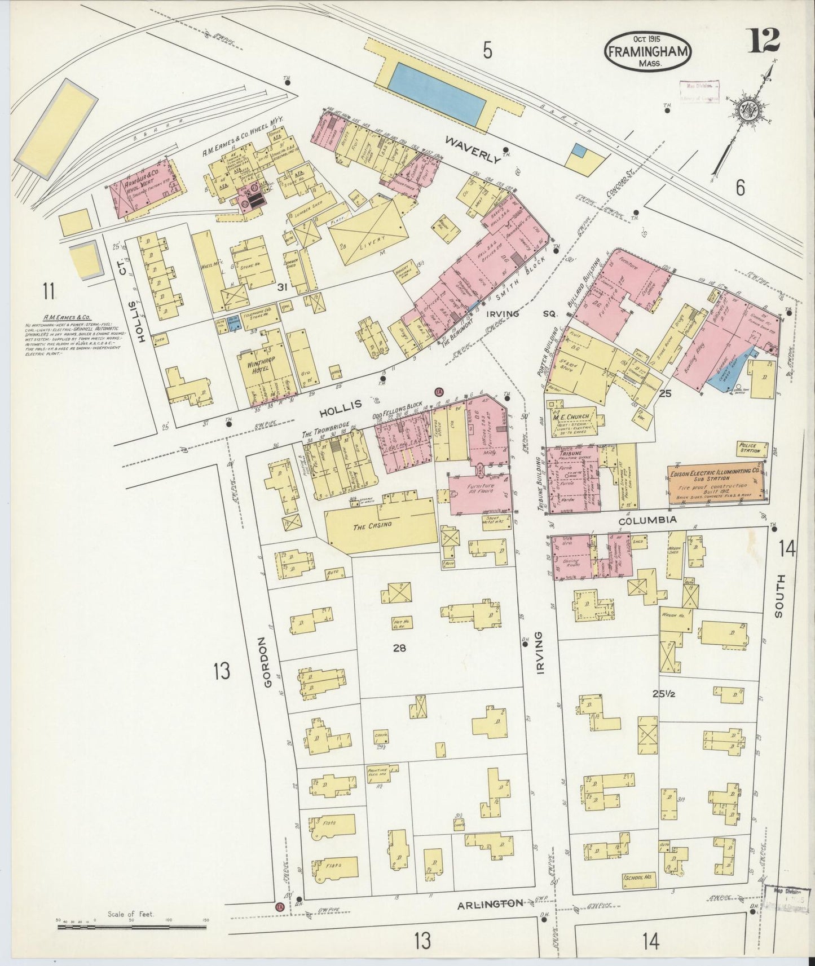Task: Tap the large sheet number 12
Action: [x=764, y=39]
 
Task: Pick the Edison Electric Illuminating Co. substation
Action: [x=715, y=484]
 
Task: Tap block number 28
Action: [x=399, y=648]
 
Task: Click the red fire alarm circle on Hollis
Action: [x=438, y=392]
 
